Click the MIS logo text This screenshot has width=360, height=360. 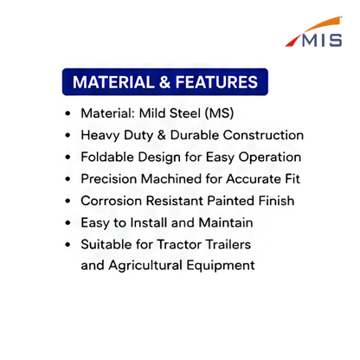tap(322, 41)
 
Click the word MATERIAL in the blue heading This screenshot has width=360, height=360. tap(113, 82)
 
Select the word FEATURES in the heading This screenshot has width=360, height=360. tap(216, 82)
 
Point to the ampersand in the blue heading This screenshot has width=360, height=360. tap(164, 82)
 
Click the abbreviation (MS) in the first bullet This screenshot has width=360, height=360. tap(219, 113)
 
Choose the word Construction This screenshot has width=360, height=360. tap(263, 135)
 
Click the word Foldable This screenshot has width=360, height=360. tap(107, 157)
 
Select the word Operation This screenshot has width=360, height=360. tap(270, 157)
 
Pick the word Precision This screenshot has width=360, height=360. tap(109, 179)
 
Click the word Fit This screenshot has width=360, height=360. tap(292, 179)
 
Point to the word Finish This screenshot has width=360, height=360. tap(276, 201)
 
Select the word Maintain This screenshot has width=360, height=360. tap(226, 222)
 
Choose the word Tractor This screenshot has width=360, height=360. tap(179, 245)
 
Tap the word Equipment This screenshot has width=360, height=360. tap(221, 266)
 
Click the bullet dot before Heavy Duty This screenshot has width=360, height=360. tap(67, 135)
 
